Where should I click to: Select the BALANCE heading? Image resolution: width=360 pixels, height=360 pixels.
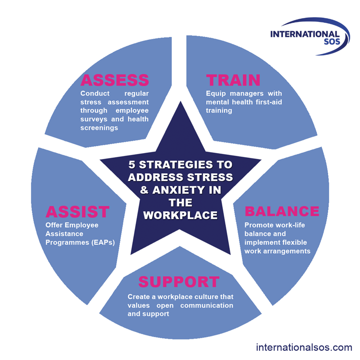[282, 211]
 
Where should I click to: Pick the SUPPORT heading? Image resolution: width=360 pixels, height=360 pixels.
[179, 282]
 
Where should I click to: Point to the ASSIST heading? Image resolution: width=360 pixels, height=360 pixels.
[77, 211]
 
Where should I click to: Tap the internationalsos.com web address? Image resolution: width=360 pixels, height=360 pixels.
[304, 347]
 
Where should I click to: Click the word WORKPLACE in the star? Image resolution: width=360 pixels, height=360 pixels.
[180, 215]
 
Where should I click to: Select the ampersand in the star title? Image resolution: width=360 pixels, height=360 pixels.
[144, 190]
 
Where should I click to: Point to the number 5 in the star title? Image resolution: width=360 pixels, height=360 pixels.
[131, 165]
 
